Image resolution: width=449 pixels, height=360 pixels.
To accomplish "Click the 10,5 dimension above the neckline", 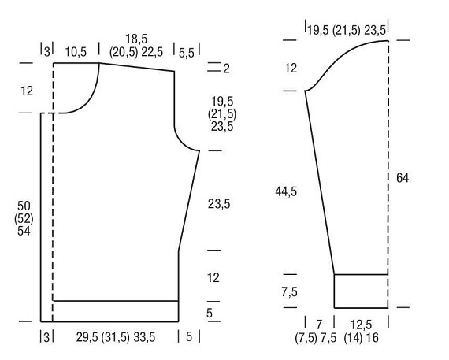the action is coord(76,52).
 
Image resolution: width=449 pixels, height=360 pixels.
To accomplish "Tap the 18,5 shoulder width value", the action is coord(136,39).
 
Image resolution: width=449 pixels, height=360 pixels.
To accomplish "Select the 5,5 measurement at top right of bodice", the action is coord(187,53).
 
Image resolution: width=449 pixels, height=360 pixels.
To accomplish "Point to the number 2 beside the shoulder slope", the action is coord(227,69).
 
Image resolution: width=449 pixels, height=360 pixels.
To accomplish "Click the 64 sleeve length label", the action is coord(403,178).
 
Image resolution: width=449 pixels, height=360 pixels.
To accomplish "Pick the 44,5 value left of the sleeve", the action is coord(286,191).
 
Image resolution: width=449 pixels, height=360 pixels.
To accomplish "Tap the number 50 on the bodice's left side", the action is coord(24,206).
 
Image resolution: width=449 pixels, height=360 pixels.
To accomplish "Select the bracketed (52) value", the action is coord(24,219).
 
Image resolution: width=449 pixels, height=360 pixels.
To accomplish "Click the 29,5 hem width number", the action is coord(87,337).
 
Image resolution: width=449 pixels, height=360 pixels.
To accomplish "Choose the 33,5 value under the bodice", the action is coord(144,337).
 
